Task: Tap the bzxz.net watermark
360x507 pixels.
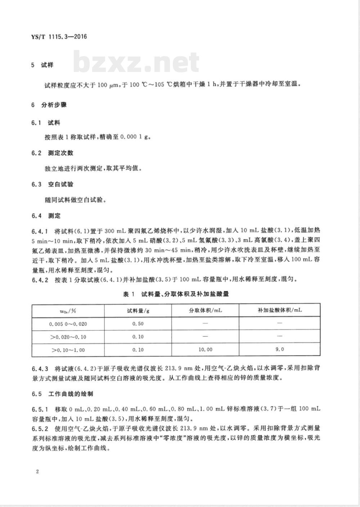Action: (137, 62)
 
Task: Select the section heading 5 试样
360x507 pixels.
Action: (42, 65)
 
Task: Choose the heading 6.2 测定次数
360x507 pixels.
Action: (52, 153)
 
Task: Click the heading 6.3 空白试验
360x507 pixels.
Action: (52, 185)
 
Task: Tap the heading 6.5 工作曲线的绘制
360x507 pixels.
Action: (62, 394)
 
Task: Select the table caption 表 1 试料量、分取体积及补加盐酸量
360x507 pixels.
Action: (176, 294)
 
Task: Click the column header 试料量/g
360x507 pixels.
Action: (138, 311)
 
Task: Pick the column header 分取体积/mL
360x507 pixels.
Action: (205, 311)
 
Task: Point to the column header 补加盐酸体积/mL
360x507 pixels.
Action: (280, 310)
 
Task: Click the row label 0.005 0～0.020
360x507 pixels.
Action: (68, 324)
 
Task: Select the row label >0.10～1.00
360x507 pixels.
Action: (68, 350)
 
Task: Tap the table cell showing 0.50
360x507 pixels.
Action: (138, 324)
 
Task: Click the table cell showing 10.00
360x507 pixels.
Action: (205, 349)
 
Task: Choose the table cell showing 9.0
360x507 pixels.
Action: (280, 349)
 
